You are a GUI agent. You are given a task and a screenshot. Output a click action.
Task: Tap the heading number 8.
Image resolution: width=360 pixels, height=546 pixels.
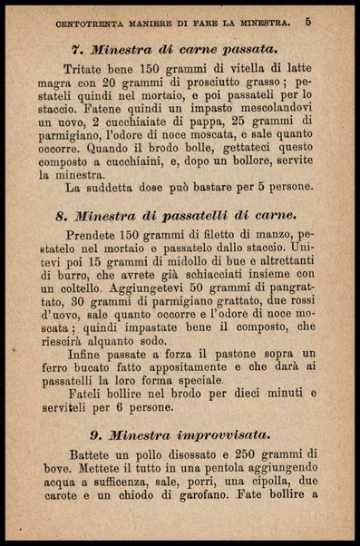click(x=60, y=217)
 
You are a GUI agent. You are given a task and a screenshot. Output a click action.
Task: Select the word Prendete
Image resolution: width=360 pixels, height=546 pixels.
click(x=96, y=238)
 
